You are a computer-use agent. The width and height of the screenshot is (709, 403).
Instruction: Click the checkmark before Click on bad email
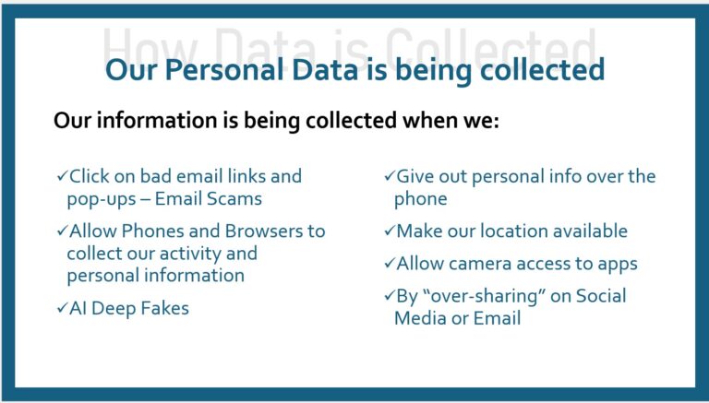click(x=61, y=175)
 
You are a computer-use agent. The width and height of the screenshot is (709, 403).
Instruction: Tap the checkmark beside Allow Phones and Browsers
click(x=61, y=231)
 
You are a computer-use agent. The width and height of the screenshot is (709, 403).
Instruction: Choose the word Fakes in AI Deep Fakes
click(x=164, y=308)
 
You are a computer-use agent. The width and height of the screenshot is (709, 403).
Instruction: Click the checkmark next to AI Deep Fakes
click(x=61, y=308)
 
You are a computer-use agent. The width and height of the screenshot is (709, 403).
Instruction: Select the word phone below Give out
click(x=421, y=198)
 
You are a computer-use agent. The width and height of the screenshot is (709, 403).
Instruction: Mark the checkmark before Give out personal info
click(x=389, y=175)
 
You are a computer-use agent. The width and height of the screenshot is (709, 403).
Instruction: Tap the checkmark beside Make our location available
click(x=389, y=231)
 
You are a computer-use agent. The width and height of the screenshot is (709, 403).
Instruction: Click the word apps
click(x=615, y=264)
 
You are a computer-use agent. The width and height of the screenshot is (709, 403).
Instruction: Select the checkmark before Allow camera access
click(x=389, y=264)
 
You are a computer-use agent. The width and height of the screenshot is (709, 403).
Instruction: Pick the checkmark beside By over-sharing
click(x=389, y=296)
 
